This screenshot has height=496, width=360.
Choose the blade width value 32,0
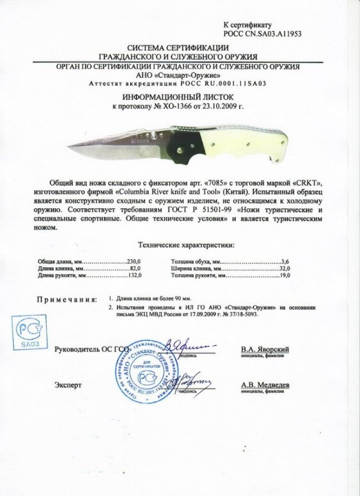[x=284, y=270]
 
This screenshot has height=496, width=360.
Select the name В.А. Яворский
[x=266, y=350]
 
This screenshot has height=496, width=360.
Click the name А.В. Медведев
[x=266, y=385]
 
